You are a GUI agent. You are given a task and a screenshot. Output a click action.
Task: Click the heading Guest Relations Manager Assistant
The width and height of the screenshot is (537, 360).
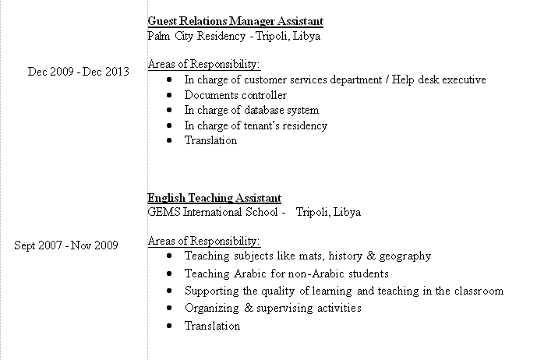click(x=235, y=21)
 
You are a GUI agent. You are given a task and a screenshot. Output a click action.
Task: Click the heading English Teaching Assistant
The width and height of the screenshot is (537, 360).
click(x=214, y=198)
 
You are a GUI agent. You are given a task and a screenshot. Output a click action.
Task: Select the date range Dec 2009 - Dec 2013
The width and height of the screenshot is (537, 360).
click(x=78, y=72)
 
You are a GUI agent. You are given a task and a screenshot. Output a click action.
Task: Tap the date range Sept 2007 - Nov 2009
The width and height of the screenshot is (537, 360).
click(x=66, y=245)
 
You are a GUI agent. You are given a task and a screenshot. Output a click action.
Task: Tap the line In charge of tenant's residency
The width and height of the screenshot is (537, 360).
click(x=256, y=125)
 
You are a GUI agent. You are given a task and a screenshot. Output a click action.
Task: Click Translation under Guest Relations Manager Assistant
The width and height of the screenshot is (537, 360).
click(x=210, y=140)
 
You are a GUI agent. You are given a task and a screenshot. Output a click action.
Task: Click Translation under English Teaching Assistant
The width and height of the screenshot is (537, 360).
click(x=212, y=326)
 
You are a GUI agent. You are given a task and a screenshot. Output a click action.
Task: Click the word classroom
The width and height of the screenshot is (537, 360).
click(x=477, y=291)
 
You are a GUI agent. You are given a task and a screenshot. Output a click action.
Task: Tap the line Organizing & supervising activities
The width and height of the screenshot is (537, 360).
click(x=273, y=308)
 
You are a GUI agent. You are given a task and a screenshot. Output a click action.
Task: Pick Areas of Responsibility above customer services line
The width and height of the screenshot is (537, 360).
click(x=203, y=64)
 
